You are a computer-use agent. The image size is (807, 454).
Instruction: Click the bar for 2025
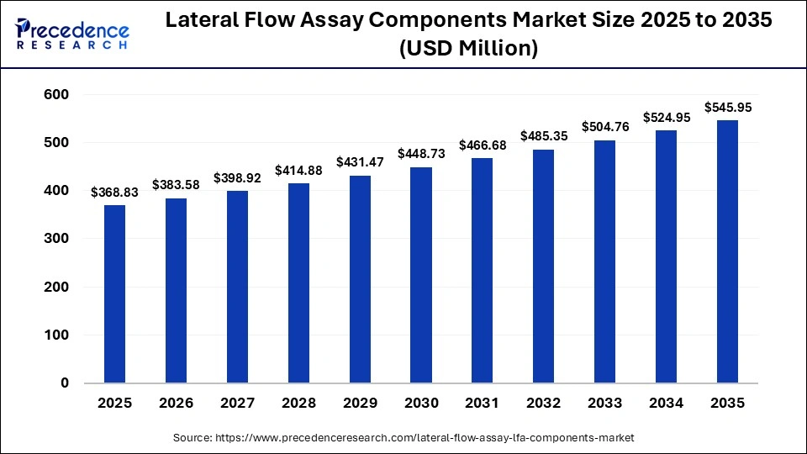pyautogui.click(x=114, y=294)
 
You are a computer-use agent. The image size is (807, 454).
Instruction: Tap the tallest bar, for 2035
pyautogui.click(x=727, y=251)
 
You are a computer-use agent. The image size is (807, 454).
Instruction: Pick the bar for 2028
pyautogui.click(x=298, y=283)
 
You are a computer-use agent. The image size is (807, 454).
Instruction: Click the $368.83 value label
pyautogui.click(x=114, y=193)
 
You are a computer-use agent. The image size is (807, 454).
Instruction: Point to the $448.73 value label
pyautogui.click(x=421, y=155)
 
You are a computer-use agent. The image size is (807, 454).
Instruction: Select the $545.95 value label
pyautogui.click(x=727, y=108)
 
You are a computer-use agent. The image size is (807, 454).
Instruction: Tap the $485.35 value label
pyautogui.click(x=544, y=135)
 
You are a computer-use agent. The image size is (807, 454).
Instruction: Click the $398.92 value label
pyautogui.click(x=237, y=178)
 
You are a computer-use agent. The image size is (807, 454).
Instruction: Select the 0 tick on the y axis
pyautogui.click(x=64, y=383)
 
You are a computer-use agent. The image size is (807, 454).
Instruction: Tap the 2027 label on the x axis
pyautogui.click(x=237, y=404)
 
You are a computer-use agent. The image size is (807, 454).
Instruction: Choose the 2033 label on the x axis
pyautogui.click(x=605, y=404)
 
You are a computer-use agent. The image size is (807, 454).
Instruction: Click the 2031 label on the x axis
pyautogui.click(x=483, y=404)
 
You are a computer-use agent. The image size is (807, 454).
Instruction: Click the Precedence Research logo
pyautogui.click(x=72, y=34)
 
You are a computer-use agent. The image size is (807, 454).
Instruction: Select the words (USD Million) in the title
pyautogui.click(x=468, y=50)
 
